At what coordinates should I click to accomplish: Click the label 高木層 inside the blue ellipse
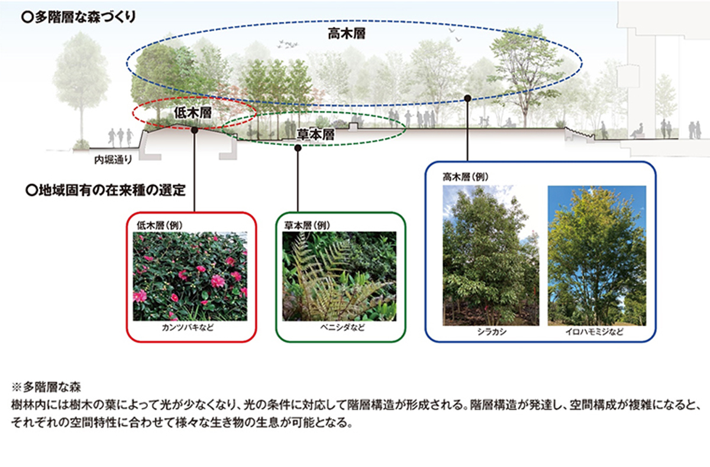click(x=347, y=34)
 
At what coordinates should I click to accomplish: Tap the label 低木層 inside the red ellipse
click(x=193, y=113)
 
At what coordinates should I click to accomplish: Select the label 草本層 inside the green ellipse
click(x=316, y=134)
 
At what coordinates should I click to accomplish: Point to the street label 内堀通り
click(x=113, y=160)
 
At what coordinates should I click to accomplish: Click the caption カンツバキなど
click(x=188, y=327)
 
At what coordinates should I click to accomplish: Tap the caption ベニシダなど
click(x=343, y=327)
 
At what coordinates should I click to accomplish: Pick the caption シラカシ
click(x=492, y=332)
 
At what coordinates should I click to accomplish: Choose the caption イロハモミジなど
click(x=595, y=332)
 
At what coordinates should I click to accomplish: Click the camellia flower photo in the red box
click(x=190, y=276)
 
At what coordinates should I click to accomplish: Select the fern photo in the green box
click(x=339, y=276)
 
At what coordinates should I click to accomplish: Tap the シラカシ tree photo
click(x=490, y=256)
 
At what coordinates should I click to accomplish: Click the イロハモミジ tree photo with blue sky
click(x=597, y=256)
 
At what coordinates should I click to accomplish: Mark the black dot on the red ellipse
click(x=195, y=130)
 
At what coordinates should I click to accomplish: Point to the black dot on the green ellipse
click(x=298, y=148)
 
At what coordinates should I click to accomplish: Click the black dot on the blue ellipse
click(x=467, y=98)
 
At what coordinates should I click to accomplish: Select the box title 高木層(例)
click(x=465, y=177)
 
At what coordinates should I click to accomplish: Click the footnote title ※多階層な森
click(x=46, y=387)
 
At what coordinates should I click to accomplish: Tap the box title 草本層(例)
click(x=307, y=226)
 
